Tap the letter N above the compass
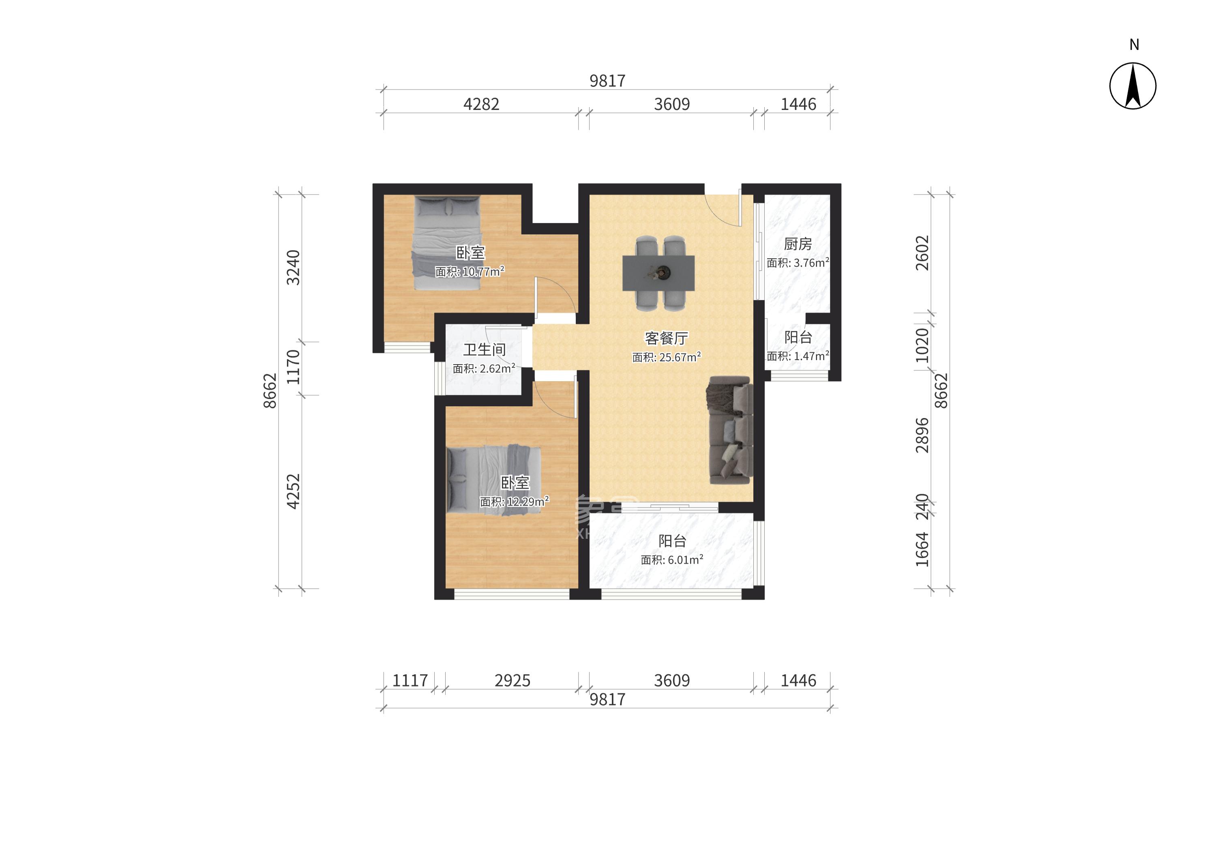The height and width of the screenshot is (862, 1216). [1134, 45]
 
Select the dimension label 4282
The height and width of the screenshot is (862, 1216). [481, 104]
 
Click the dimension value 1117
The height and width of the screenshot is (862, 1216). [410, 680]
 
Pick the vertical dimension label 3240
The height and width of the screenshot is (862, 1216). [293, 268]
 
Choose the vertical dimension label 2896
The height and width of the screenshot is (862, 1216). [922, 435]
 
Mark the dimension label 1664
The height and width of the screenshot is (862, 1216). [922, 549]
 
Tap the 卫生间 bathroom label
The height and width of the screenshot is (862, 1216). [484, 350]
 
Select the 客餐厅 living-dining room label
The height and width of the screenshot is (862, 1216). [666, 338]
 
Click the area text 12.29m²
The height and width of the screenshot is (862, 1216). [528, 501]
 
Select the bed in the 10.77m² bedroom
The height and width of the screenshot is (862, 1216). [447, 242]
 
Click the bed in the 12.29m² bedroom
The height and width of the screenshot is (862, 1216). [494, 480]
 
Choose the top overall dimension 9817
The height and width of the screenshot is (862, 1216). [607, 81]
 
